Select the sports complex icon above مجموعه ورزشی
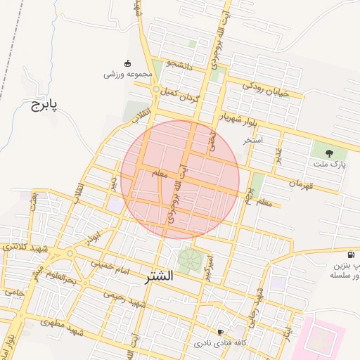127,63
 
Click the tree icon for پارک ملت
329,152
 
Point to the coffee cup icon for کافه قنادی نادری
221,332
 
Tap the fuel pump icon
351,254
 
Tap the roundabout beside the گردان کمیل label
155,89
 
